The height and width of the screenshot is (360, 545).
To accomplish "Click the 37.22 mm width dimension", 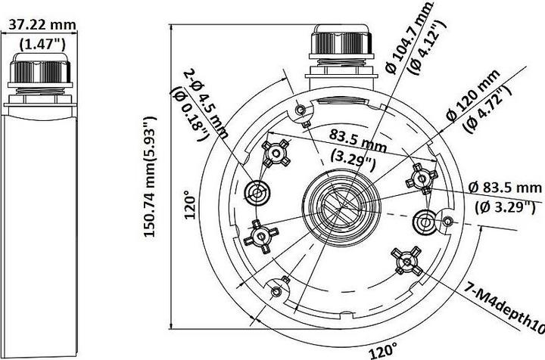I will pos(42,24).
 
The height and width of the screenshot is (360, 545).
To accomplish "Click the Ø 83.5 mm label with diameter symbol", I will pos(505,188).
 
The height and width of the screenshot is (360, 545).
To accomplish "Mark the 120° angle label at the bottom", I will pos(383,350).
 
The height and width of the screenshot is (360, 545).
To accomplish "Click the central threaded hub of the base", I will pos(340,203).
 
